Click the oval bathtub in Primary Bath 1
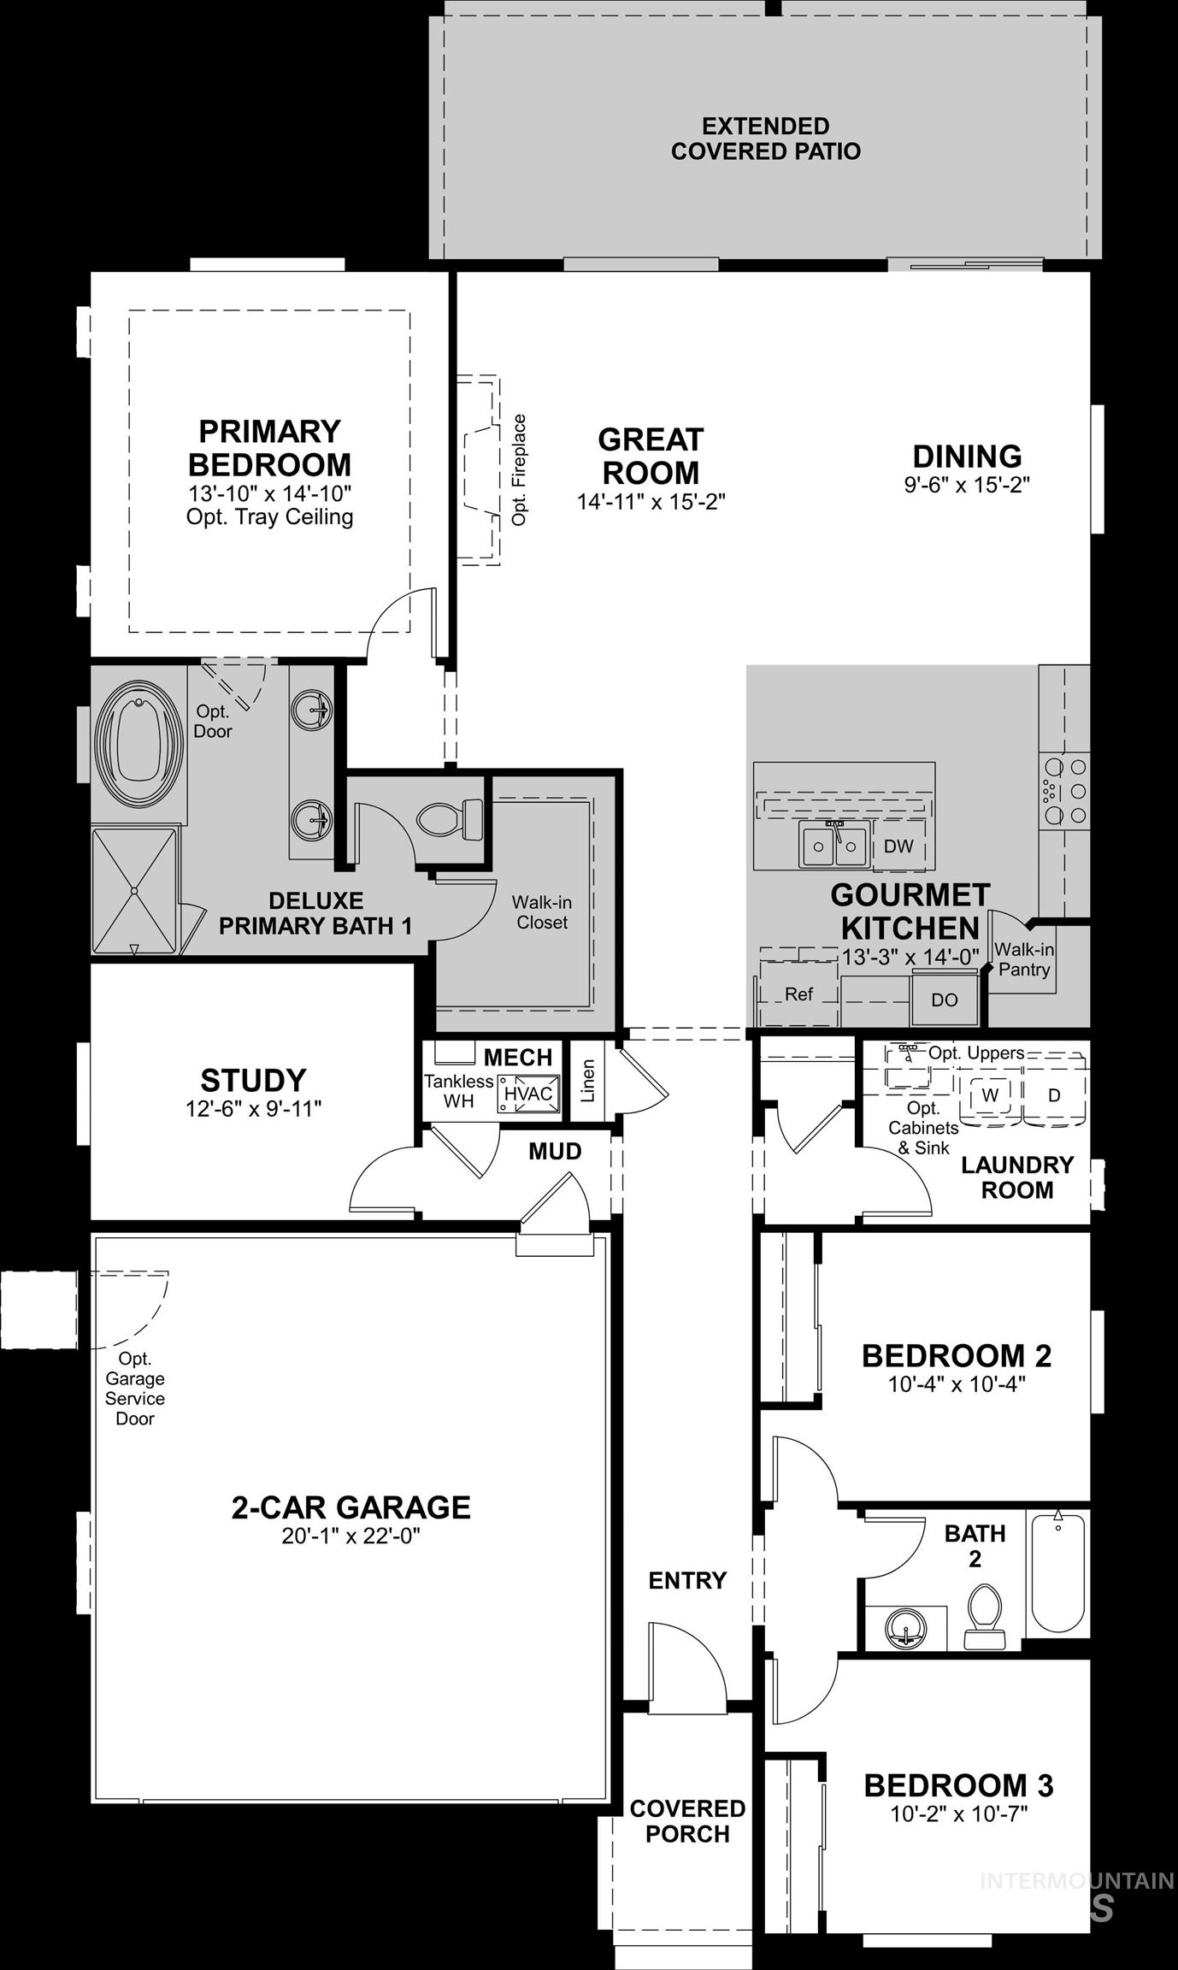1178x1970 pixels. tap(138, 741)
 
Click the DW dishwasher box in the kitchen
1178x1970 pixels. tap(898, 846)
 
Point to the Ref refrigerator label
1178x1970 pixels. tap(798, 994)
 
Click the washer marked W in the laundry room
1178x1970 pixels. tap(990, 1094)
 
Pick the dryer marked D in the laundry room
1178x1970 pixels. tap(1054, 1094)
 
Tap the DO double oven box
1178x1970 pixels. tap(944, 1000)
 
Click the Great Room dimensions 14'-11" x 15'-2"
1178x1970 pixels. tap(651, 502)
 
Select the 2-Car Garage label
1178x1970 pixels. tap(350, 1507)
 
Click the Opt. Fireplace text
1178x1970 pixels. tap(519, 469)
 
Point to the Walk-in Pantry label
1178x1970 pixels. tap(1023, 959)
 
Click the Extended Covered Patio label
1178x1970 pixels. tap(765, 139)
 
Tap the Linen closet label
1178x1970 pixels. tap(587, 1081)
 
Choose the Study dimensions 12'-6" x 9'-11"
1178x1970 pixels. tap(253, 1109)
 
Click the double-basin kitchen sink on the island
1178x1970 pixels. tap(833, 845)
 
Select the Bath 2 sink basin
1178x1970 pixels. tap(904, 1624)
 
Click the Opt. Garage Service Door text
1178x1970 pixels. tap(135, 1388)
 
